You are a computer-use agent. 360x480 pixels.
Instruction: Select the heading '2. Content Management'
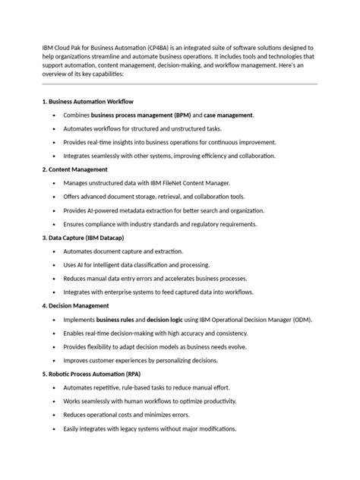click(x=74, y=169)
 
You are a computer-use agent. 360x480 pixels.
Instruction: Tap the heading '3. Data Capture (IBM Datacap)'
click(x=84, y=238)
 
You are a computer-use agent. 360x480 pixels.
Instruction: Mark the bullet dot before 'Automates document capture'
click(x=53, y=251)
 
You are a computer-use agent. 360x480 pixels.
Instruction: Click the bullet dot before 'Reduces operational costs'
click(x=53, y=415)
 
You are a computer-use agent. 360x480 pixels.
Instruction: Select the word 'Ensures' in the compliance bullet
click(x=77, y=224)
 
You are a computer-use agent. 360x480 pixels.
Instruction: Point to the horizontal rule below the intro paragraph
click(x=179, y=84)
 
